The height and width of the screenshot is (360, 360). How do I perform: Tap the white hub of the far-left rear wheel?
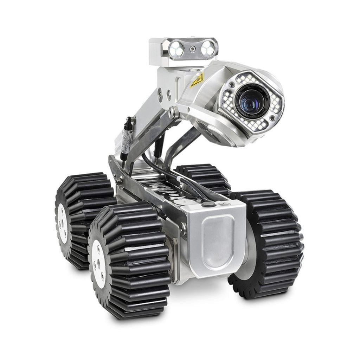coord(63,224)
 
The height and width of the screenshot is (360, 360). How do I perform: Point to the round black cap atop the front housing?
coord(207,204)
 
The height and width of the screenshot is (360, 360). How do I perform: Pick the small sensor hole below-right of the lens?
coord(272,119)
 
